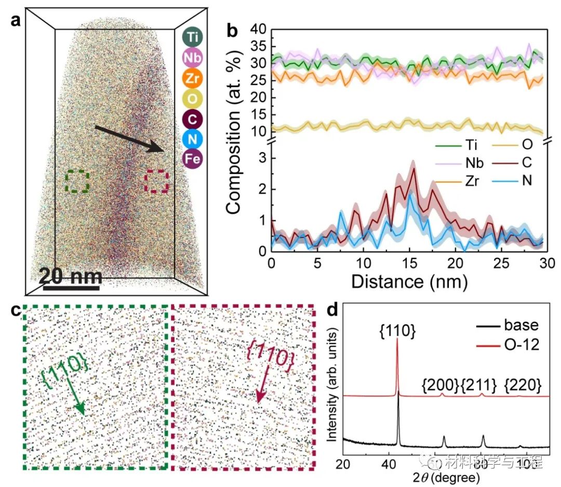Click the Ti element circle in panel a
click(x=193, y=37)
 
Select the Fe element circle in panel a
click(x=193, y=159)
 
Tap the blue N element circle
click(x=193, y=138)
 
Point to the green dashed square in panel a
click(x=78, y=182)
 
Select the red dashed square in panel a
click(x=156, y=182)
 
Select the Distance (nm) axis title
click(x=409, y=282)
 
